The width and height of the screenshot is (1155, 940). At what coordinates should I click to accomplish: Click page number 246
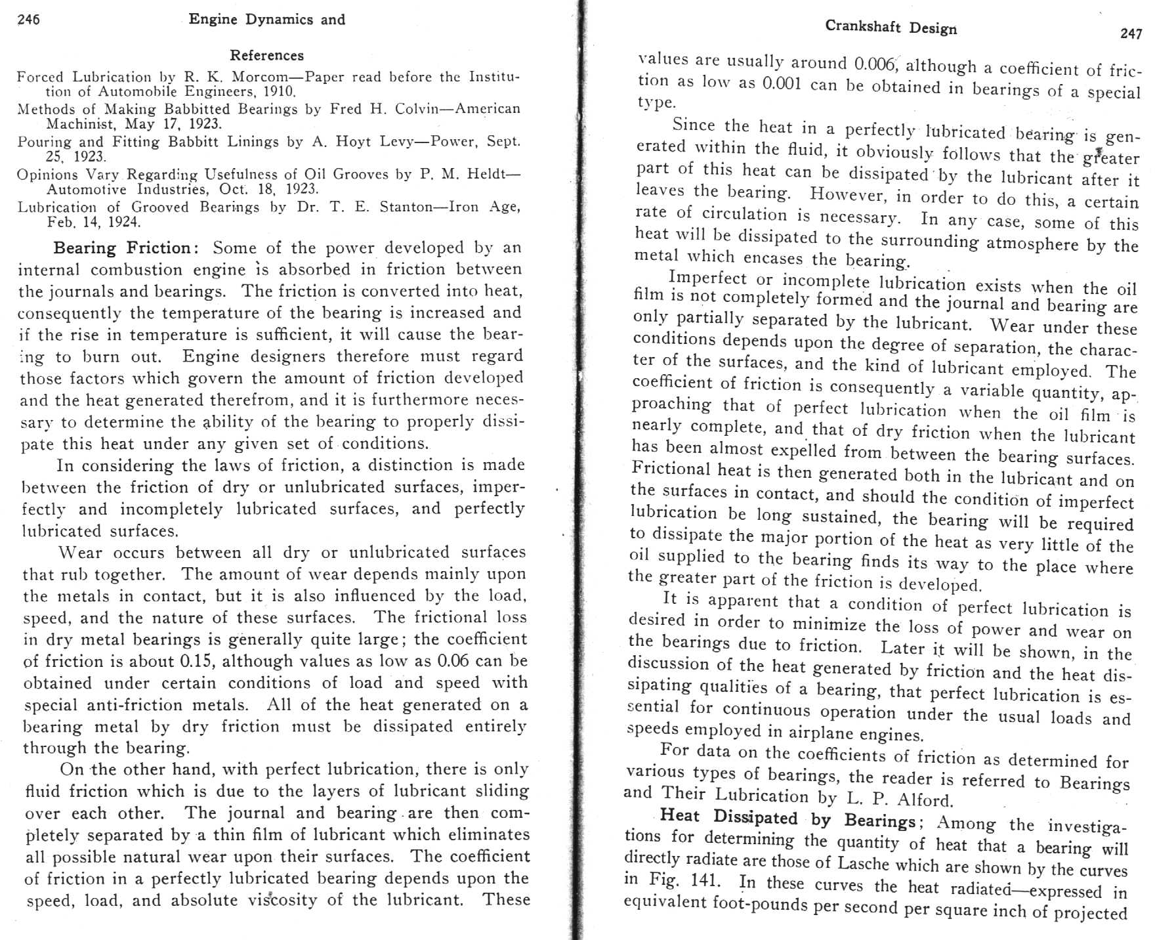point(29,20)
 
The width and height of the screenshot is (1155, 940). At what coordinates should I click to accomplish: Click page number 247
point(1131,34)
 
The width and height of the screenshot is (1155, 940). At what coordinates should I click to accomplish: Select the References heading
point(266,56)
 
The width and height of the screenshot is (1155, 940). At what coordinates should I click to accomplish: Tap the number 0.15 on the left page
point(194,661)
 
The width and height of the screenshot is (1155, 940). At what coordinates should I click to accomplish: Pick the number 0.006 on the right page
point(875,64)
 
